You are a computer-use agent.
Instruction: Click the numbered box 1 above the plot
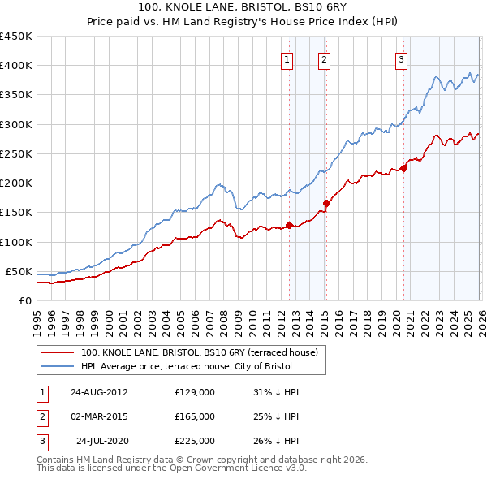pyautogui.click(x=287, y=58)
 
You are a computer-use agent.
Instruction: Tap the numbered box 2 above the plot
pyautogui.click(x=324, y=58)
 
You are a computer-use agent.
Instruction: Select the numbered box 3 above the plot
pyautogui.click(x=401, y=58)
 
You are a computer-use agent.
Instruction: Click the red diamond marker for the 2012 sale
pyautogui.click(x=290, y=225)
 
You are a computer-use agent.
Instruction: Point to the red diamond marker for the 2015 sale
pyautogui.click(x=326, y=204)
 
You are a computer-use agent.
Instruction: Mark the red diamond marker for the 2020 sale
pyautogui.click(x=403, y=169)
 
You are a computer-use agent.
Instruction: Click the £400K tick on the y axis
pyautogui.click(x=16, y=66)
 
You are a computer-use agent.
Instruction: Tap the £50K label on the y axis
pyautogui.click(x=19, y=271)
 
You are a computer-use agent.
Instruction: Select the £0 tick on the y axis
pyautogui.click(x=24, y=300)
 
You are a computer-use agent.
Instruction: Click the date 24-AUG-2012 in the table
pyautogui.click(x=99, y=392)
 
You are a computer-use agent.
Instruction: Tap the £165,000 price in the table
pyautogui.click(x=195, y=416)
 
